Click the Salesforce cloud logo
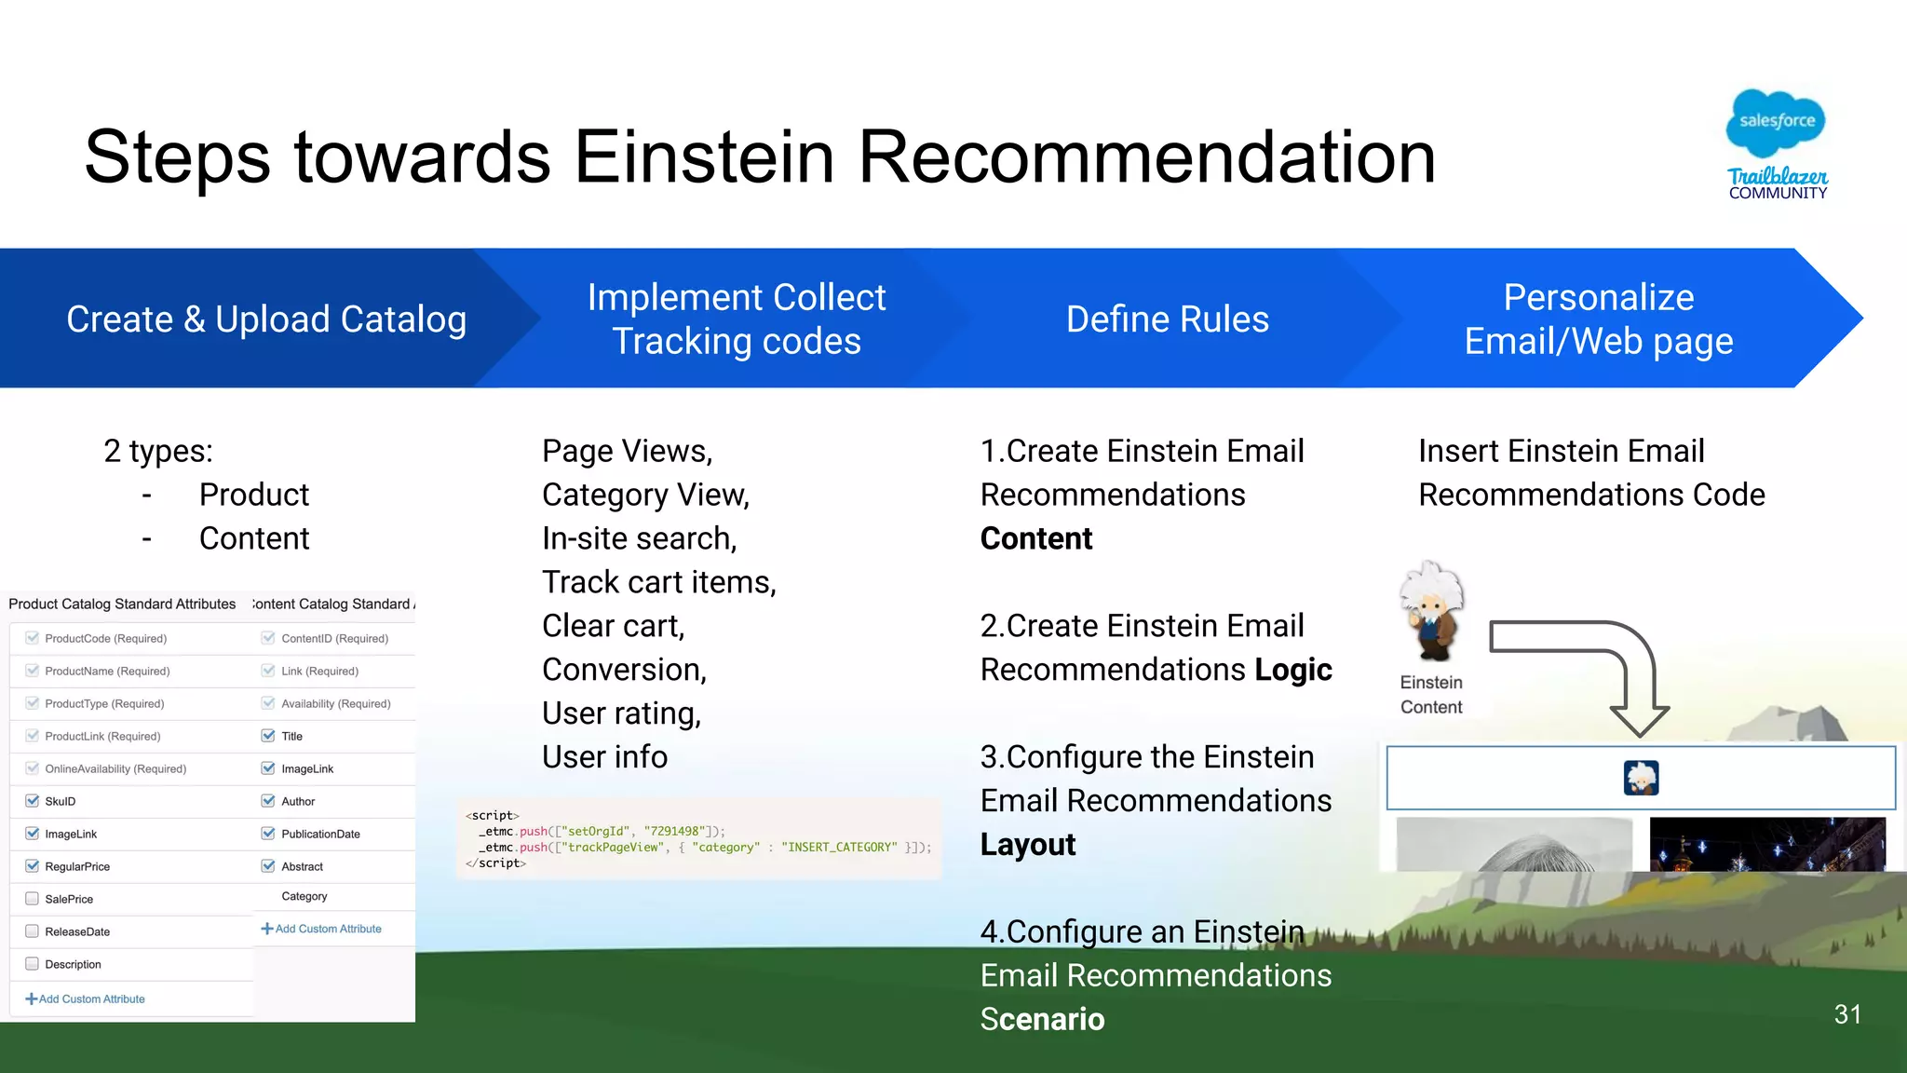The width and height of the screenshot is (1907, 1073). pyautogui.click(x=1776, y=122)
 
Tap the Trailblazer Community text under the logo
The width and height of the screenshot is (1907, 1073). pyautogui.click(x=1778, y=184)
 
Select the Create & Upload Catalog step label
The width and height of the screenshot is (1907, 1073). pyautogui.click(x=266, y=319)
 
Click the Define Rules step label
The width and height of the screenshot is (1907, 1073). pyautogui.click(x=1167, y=319)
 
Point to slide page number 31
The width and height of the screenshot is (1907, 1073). pyautogui.click(x=1847, y=1014)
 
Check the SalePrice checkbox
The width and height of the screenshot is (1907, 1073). pyautogui.click(x=33, y=899)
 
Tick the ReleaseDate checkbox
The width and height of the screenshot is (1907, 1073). pyautogui.click(x=33, y=931)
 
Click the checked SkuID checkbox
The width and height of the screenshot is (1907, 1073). pyautogui.click(x=33, y=801)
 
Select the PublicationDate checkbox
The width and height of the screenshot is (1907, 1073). pyautogui.click(x=268, y=834)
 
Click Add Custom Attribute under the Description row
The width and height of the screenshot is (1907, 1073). pyautogui.click(x=86, y=999)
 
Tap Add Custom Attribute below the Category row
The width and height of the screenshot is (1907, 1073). pyautogui.click(x=321, y=929)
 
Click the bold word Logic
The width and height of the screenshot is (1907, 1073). pyautogui.click(x=1292, y=670)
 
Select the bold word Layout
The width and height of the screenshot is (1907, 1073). pyautogui.click(x=1027, y=845)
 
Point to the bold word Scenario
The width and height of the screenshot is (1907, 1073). pyautogui.click(x=1042, y=1019)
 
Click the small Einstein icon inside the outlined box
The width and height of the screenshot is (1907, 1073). pyautogui.click(x=1641, y=778)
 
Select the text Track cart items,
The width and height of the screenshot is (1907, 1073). pyautogui.click(x=658, y=582)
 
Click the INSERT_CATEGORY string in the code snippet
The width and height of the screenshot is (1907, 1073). pyautogui.click(x=839, y=848)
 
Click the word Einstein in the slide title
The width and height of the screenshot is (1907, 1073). pyautogui.click(x=704, y=156)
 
